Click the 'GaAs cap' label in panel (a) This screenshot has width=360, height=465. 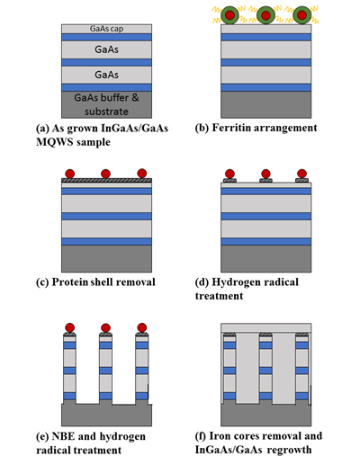[x=106, y=29]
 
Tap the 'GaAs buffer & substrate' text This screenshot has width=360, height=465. [x=106, y=104]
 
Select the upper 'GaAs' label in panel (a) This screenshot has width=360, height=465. [x=106, y=49]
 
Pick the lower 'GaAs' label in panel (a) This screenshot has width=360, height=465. [x=106, y=75]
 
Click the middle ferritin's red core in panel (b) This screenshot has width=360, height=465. [x=265, y=15]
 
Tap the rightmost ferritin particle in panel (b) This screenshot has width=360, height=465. [x=302, y=15]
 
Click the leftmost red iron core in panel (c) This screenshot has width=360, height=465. [x=70, y=174]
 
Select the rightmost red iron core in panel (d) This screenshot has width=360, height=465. [x=301, y=174]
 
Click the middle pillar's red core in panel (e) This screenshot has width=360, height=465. [x=105, y=327]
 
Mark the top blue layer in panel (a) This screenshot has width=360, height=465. [x=106, y=37]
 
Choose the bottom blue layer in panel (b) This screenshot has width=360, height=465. [x=266, y=87]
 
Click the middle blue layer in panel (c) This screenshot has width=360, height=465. [x=106, y=217]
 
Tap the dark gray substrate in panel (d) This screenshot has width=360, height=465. [x=266, y=259]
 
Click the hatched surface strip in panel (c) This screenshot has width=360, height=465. [x=106, y=181]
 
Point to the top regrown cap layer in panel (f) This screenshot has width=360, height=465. [x=266, y=328]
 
